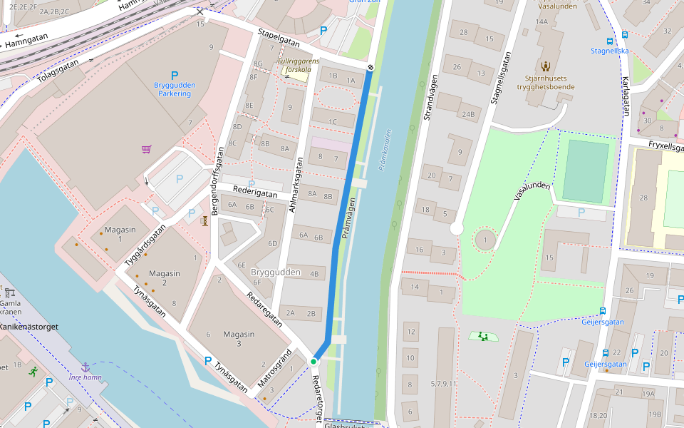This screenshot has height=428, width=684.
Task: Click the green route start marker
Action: click(313, 362)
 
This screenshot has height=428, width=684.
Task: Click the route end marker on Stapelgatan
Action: click(370, 68)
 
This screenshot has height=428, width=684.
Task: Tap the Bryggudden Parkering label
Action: click(175, 89)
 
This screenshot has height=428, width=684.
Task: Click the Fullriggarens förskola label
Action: click(298, 66)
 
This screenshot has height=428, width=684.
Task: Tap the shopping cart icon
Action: click(146, 149)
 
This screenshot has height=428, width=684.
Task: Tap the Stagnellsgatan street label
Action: click(503, 78)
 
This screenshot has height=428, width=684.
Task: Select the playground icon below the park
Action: click(484, 336)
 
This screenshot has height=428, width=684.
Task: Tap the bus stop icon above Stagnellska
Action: click(609, 41)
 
